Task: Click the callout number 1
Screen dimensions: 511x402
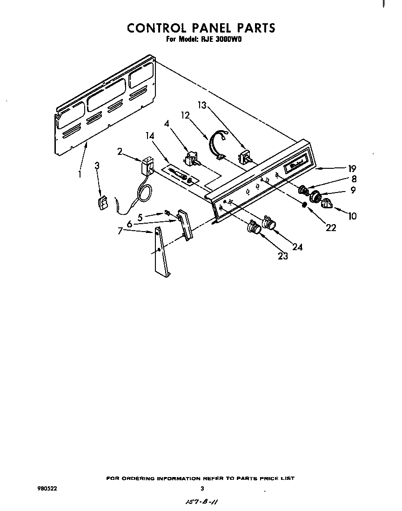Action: [80, 174]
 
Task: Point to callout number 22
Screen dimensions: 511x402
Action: [331, 228]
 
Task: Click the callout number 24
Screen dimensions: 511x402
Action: [297, 247]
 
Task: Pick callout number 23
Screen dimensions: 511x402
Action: [283, 255]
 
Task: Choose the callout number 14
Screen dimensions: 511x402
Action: [149, 136]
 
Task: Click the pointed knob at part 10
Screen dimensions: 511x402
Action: [328, 203]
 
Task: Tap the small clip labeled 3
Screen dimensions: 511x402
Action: [102, 203]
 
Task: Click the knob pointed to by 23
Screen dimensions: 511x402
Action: [254, 228]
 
